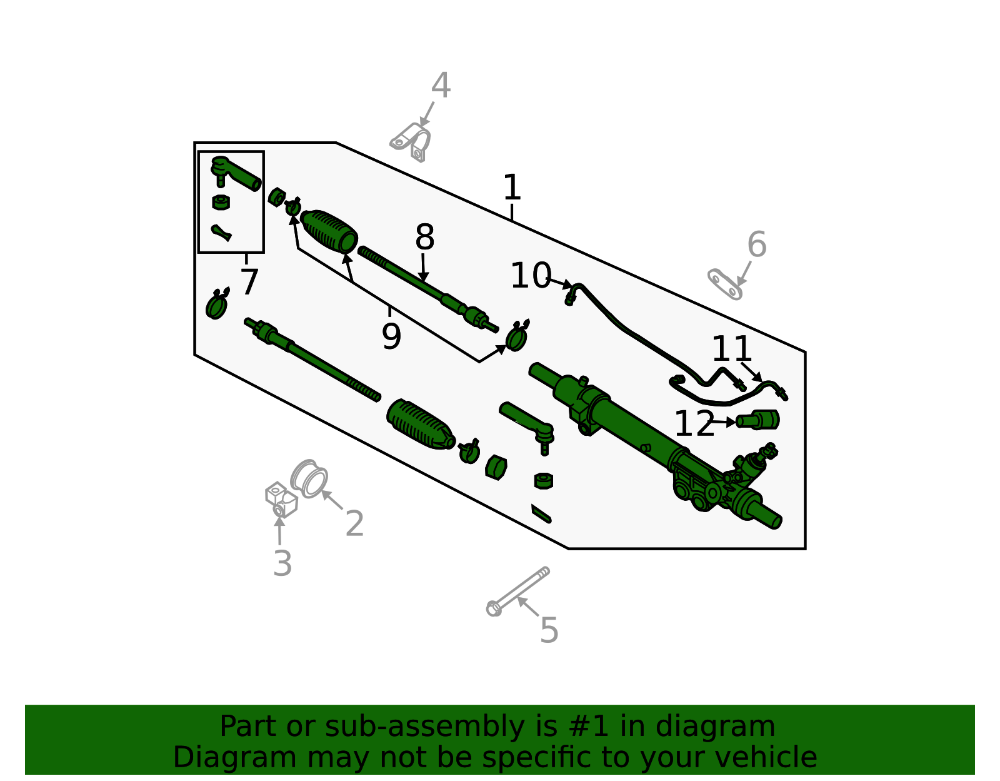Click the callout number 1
coord(512,188)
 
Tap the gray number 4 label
coord(441,86)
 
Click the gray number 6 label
coord(756,244)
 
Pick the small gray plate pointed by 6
coord(724,285)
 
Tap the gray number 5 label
coord(549,630)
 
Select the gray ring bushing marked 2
coord(309,479)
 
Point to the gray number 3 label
coord(282,564)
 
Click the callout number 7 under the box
coord(249,282)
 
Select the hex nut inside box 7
coord(221,202)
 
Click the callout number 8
coord(424,238)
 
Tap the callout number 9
coord(391,336)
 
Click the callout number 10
coord(530,276)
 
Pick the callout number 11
coord(731,349)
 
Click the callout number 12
coord(694,425)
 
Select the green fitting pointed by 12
coord(759,420)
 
